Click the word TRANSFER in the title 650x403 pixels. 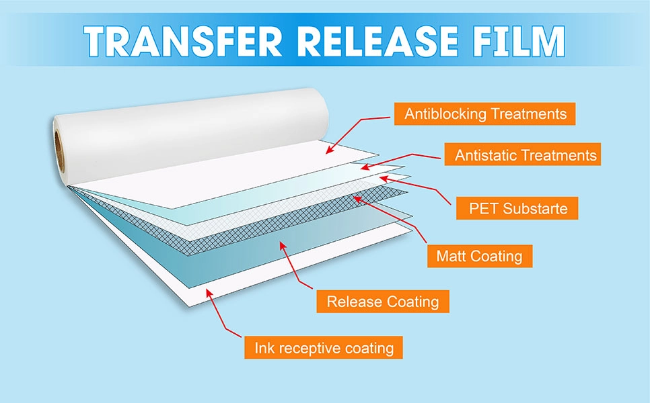tap(170, 42)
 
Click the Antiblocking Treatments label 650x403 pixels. tap(485, 114)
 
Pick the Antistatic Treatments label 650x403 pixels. tap(525, 156)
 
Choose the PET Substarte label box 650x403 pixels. tap(519, 208)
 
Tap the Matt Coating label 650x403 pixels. tap(479, 256)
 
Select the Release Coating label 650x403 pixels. tap(383, 302)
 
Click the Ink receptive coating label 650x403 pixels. tap(324, 348)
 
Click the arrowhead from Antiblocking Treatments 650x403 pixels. tap(328, 152)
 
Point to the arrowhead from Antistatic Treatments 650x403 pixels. tap(362, 167)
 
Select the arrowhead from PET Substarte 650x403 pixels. tap(382, 178)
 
